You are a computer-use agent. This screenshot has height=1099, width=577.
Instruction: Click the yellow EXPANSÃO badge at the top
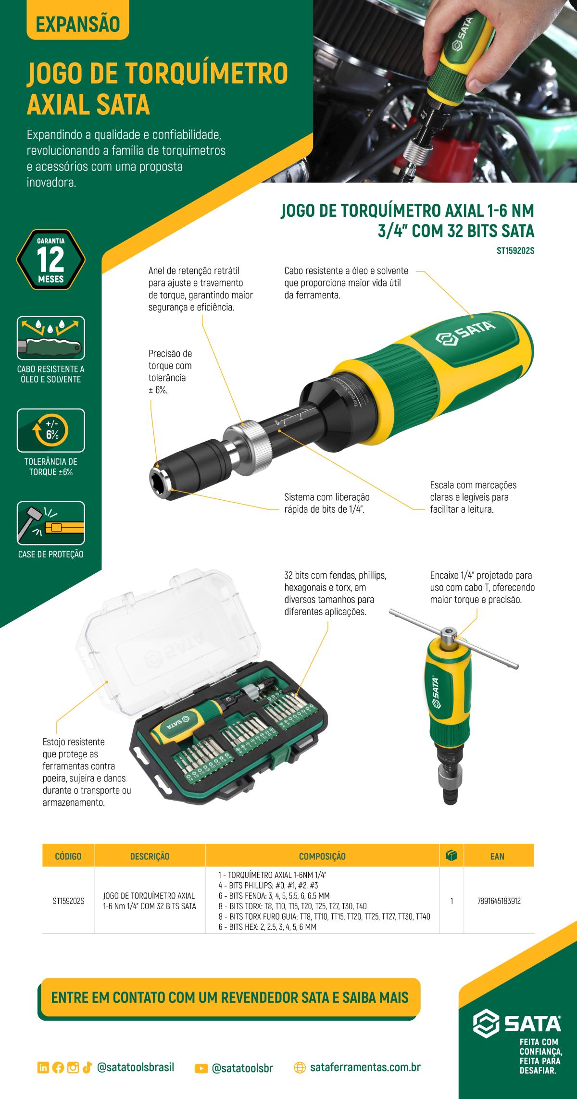pos(77,25)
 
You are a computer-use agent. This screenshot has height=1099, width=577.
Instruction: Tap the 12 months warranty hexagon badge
pos(50,260)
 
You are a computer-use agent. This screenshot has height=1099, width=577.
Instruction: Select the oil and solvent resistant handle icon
pos(50,338)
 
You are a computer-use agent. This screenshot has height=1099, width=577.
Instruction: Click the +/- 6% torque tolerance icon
pos(50,430)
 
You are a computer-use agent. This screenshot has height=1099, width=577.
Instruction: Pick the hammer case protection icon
pos(50,523)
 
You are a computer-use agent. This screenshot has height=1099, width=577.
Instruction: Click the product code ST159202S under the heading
pos(515,250)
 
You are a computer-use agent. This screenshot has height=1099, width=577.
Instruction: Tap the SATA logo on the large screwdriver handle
pos(465,332)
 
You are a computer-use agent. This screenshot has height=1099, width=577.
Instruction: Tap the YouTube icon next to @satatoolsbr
pos(201,1064)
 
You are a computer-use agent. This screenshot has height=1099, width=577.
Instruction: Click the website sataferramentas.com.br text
pos(365,1064)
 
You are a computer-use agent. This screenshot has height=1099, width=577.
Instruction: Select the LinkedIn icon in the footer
pos(42,1064)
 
